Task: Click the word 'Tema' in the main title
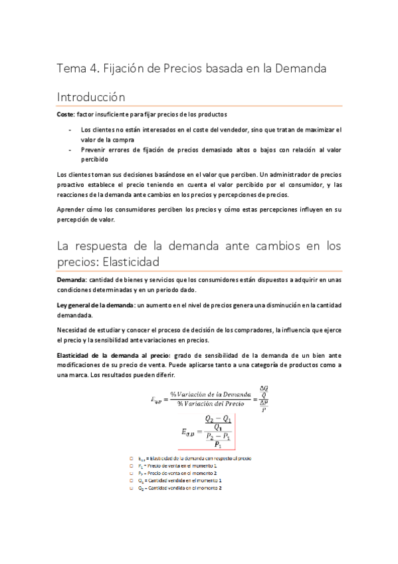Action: (70, 68)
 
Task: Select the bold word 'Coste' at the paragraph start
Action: (65, 114)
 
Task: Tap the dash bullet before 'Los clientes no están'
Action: (70, 130)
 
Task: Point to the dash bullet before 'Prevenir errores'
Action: (70, 150)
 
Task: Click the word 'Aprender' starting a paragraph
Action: (72, 210)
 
